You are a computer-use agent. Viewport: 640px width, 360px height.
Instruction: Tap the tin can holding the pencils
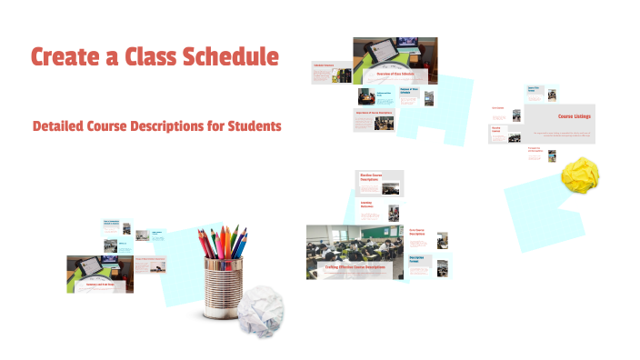coord(224,287)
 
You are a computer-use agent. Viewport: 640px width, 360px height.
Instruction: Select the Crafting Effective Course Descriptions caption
coord(355,267)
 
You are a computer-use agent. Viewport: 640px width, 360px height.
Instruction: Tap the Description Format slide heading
coord(419,259)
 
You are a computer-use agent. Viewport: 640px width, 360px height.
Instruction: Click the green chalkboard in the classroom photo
coord(373,235)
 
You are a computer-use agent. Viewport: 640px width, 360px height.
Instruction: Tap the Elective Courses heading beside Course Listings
coord(497,129)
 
